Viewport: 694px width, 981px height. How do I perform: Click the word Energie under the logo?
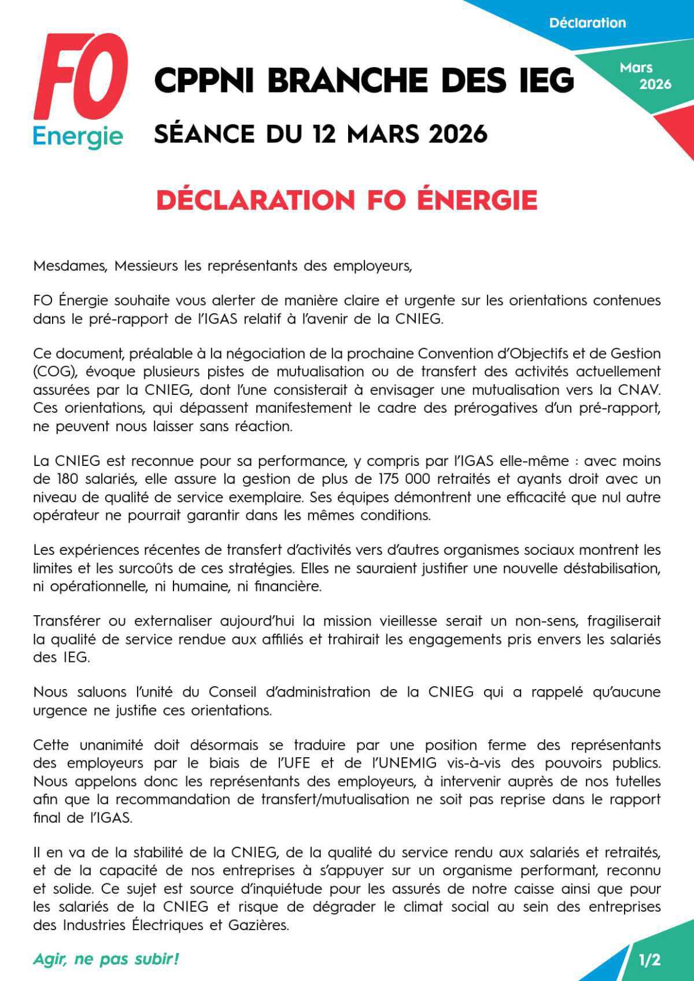tap(77, 137)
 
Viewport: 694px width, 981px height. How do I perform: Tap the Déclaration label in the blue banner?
tap(587, 23)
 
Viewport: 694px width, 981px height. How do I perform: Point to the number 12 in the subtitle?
tap(325, 134)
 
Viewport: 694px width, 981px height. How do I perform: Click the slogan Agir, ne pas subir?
tap(106, 959)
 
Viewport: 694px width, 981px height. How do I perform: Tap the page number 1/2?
tap(649, 960)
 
